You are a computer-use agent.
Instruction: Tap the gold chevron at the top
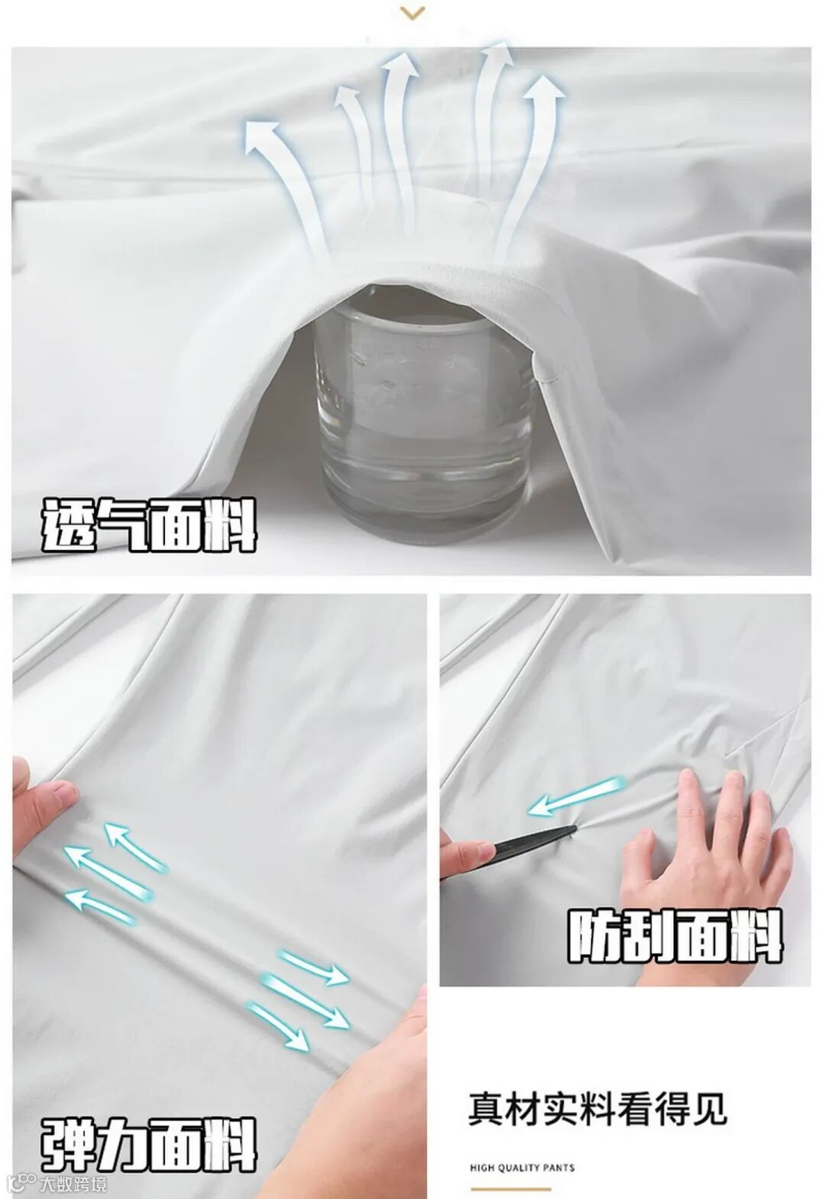pos(412,13)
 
